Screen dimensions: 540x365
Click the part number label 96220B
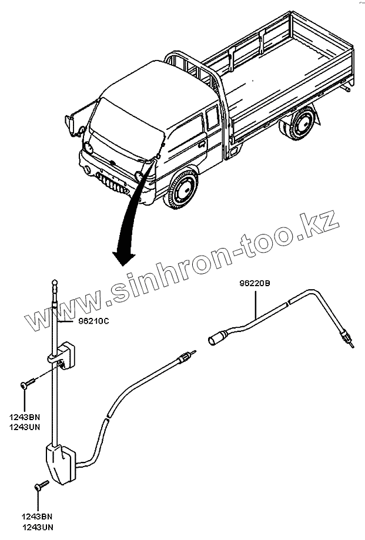[x=254, y=283]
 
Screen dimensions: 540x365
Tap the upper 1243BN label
[x=25, y=418]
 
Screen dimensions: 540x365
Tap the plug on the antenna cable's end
[x=186, y=357]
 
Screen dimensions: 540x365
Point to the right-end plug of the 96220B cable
[x=348, y=343]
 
